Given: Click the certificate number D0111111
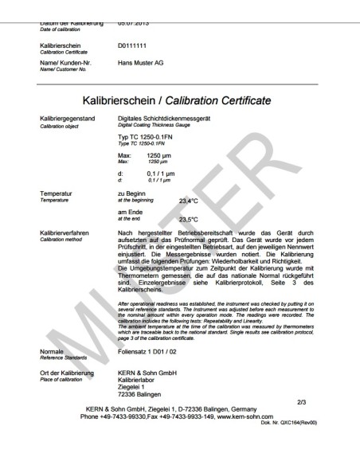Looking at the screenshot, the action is (133, 47).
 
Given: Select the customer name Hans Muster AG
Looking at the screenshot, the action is (140, 61).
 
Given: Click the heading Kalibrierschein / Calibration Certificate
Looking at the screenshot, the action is (179, 101).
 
